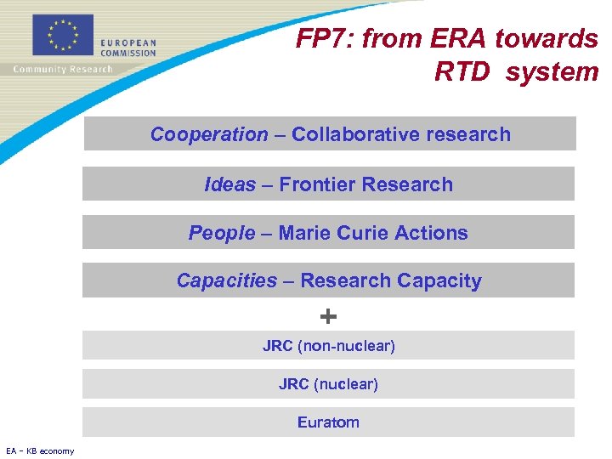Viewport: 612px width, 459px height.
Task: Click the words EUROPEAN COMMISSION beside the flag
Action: click(x=127, y=48)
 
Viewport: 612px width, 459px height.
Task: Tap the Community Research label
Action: click(x=62, y=70)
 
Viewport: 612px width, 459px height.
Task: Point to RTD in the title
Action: click(x=462, y=71)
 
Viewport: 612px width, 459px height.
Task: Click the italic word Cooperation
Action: click(x=209, y=134)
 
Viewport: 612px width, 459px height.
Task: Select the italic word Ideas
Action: click(x=229, y=184)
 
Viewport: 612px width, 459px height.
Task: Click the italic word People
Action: click(x=222, y=233)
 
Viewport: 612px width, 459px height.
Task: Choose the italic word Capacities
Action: click(x=227, y=280)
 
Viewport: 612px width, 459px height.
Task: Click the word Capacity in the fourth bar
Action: click(x=441, y=280)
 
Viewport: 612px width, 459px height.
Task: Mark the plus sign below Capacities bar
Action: click(x=328, y=317)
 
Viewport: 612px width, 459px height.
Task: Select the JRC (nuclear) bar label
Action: click(x=328, y=384)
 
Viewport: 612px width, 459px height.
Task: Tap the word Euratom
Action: click(x=328, y=422)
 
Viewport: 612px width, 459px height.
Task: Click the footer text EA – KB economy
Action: click(x=39, y=450)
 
